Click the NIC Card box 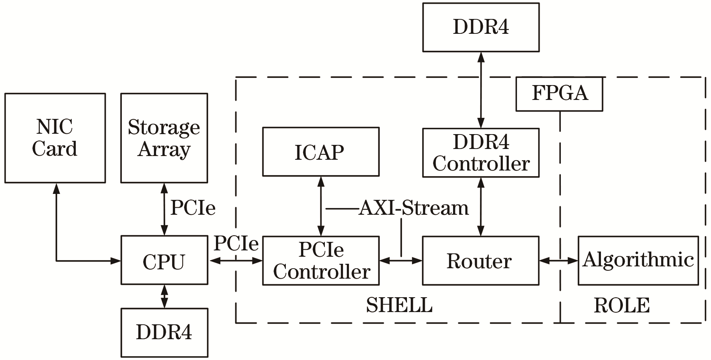(55, 138)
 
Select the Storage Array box (164, 138)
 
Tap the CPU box (164, 260)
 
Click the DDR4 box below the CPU (164, 332)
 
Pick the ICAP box (321, 152)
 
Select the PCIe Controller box (321, 260)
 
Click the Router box (481, 260)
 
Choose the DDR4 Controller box (481, 153)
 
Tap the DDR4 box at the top (481, 27)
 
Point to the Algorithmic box (638, 260)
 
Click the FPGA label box (559, 94)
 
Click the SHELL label (399, 305)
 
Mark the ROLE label (621, 305)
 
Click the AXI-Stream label (414, 208)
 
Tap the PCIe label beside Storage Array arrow (193, 208)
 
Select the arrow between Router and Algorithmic (558, 261)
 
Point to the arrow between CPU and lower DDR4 (164, 296)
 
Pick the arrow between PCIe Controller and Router (401, 261)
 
